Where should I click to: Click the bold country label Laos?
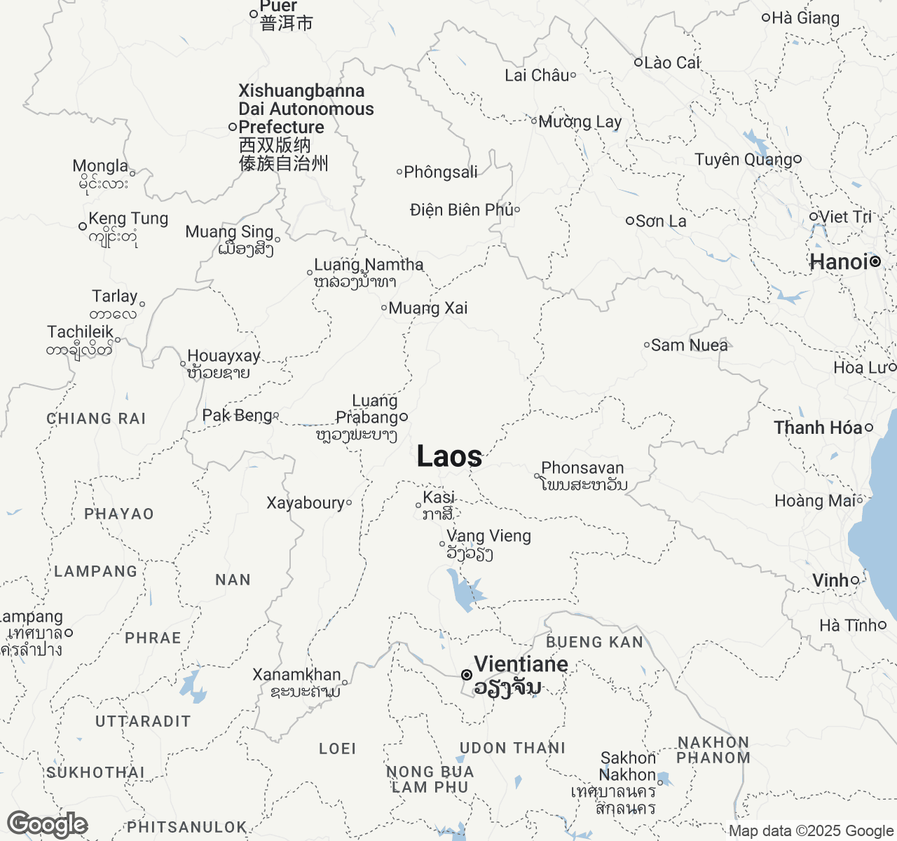[449, 457]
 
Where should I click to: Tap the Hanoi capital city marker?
[875, 262]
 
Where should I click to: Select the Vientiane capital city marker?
[466, 675]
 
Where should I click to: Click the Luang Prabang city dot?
[404, 417]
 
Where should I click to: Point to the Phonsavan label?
[582, 468]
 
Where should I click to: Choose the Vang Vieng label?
[488, 536]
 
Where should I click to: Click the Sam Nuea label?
[689, 346]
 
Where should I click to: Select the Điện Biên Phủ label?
[462, 210]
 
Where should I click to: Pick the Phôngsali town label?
[441, 172]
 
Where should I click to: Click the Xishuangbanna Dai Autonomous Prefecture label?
[306, 109]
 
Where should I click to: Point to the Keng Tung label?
[128, 219]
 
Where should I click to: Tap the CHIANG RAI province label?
[96, 419]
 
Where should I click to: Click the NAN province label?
[233, 580]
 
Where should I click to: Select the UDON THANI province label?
[512, 748]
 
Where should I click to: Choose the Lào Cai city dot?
[638, 62]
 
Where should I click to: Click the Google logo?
[47, 825]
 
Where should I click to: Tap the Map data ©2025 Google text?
[812, 831]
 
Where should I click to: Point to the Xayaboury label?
[306, 503]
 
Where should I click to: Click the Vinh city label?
[830, 580]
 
